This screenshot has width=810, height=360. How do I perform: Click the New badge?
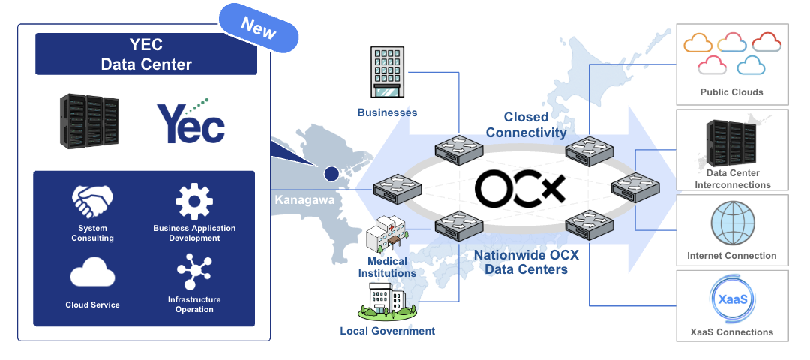pyautogui.click(x=259, y=28)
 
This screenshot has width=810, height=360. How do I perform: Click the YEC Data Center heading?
pyautogui.click(x=146, y=55)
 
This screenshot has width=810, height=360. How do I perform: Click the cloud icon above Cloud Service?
pyautogui.click(x=93, y=273)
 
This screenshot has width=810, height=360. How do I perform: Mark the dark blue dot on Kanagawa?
pyautogui.click(x=331, y=175)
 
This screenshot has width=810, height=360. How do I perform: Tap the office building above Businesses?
pyautogui.click(x=387, y=73)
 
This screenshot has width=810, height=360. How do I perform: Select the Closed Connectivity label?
pyautogui.click(x=526, y=125)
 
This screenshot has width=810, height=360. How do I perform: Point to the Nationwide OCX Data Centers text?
pyautogui.click(x=526, y=262)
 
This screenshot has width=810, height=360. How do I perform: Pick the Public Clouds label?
pyautogui.click(x=731, y=92)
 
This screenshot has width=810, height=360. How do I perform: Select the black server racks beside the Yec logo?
pyautogui.click(x=89, y=120)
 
